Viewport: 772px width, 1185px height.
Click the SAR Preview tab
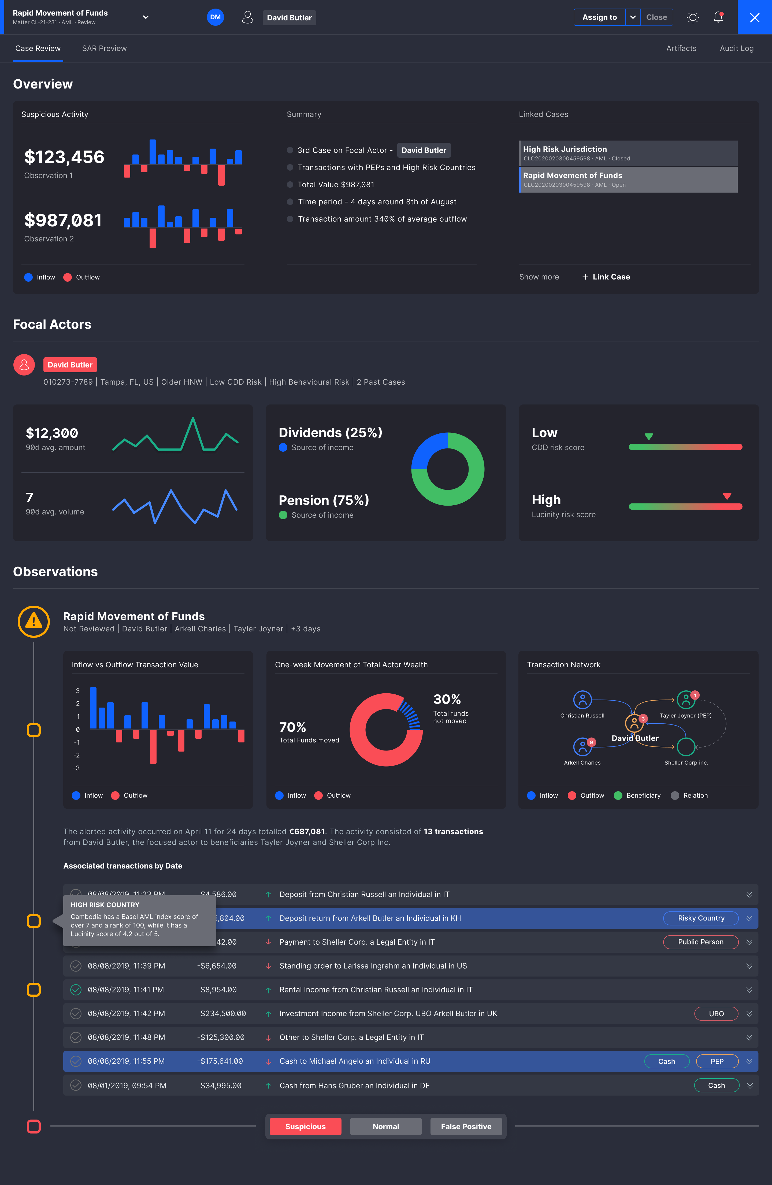click(104, 48)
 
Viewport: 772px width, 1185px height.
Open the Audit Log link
click(736, 48)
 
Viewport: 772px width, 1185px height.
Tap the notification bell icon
click(718, 17)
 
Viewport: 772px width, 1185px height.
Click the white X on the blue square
click(754, 17)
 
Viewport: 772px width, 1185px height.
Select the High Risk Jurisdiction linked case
click(628, 153)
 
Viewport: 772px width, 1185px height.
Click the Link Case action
click(606, 277)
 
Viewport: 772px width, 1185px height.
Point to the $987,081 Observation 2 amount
click(63, 220)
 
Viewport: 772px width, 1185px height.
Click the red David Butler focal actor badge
click(70, 365)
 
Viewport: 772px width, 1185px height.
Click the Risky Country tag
click(700, 918)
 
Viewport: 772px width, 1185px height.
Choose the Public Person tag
click(700, 942)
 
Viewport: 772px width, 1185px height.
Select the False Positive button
click(466, 1126)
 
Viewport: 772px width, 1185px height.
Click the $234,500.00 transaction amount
click(223, 1014)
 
